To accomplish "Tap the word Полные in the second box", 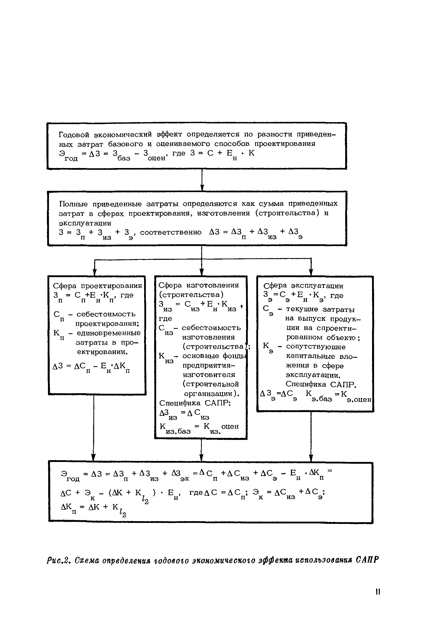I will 73,204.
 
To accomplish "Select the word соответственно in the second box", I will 171,232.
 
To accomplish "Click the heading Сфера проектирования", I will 97,286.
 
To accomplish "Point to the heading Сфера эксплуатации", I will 304,286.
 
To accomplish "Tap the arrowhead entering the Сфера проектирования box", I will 94,272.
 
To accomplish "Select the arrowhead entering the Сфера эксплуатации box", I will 311,272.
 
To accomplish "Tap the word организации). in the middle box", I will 212,394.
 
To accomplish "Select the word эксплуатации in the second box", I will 85,223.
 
